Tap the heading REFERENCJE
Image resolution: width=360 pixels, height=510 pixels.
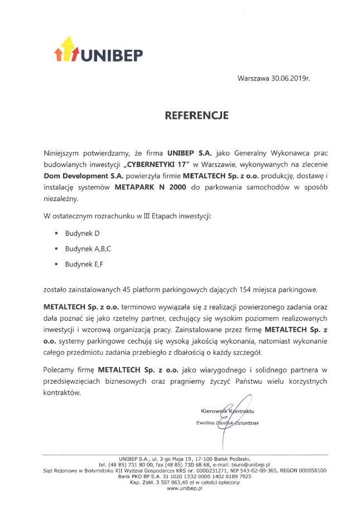197,116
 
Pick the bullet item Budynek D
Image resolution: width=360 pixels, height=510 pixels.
82,232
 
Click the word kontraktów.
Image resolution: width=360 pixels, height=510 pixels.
62,393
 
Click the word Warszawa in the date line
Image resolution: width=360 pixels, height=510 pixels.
255,79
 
